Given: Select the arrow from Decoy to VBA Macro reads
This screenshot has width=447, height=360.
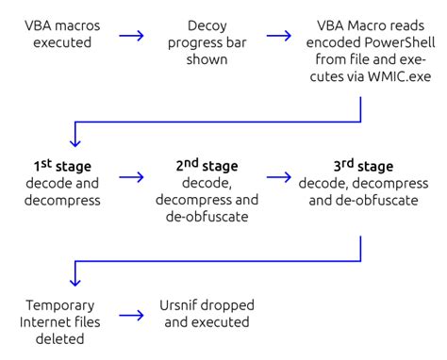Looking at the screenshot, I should pos(278,37).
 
